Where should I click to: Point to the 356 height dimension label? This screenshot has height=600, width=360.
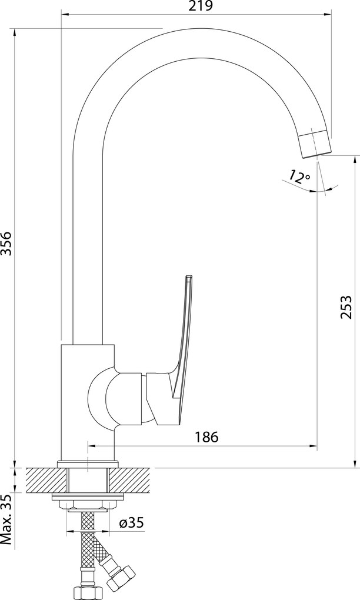pos(6,244)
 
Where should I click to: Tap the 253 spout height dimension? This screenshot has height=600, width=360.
pos(345,306)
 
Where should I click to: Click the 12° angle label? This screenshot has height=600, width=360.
pos(299,176)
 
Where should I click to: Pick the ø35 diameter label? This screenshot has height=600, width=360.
pos(131,522)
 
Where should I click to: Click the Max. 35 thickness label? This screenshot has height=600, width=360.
pos(6,521)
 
